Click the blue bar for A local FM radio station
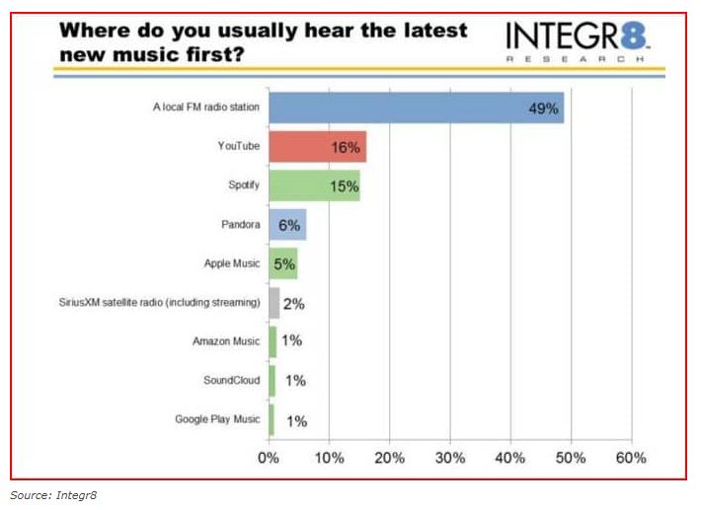pyautogui.click(x=415, y=108)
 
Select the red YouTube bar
pyautogui.click(x=316, y=146)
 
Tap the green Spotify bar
pyautogui.click(x=313, y=185)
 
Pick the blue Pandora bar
pyautogui.click(x=287, y=225)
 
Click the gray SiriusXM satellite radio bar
pyautogui.click(x=274, y=303)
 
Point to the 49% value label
pyautogui.click(x=543, y=109)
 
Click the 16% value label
pyautogui.click(x=346, y=147)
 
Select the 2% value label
pyautogui.click(x=293, y=303)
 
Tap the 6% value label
pyautogui.click(x=289, y=225)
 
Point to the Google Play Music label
pyautogui.click(x=218, y=419)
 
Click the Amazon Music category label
pyautogui.click(x=226, y=341)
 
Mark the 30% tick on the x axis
pyautogui.click(x=450, y=458)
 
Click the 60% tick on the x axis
pyautogui.click(x=630, y=458)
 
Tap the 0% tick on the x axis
pyautogui.click(x=269, y=458)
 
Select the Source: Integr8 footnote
pyautogui.click(x=48, y=496)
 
